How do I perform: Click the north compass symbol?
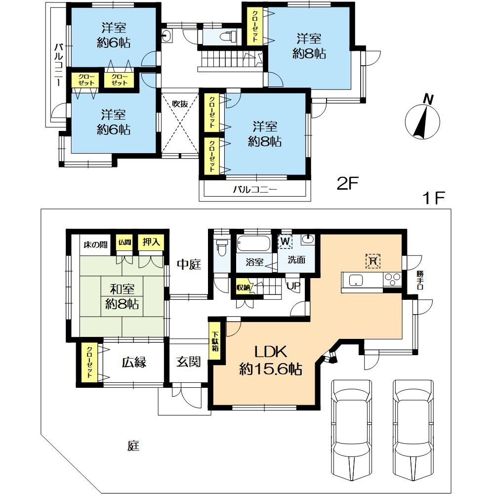click(422, 118)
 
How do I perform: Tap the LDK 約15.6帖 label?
click(271, 360)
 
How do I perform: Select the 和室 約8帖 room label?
click(122, 296)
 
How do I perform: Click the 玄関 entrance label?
click(188, 362)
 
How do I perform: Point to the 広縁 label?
click(134, 362)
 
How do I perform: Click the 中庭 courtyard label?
click(189, 264)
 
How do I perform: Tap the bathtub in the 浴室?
click(253, 243)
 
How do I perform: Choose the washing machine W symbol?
click(285, 242)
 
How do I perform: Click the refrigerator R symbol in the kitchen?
click(373, 261)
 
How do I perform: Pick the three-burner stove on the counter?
click(392, 280)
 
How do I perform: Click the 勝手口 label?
click(419, 280)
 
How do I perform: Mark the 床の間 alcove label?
click(95, 245)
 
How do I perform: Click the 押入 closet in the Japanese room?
click(151, 242)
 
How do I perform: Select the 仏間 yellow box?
click(124, 242)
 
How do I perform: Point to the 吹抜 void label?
click(180, 104)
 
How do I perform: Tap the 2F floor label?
click(347, 183)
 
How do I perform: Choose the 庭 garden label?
click(133, 446)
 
